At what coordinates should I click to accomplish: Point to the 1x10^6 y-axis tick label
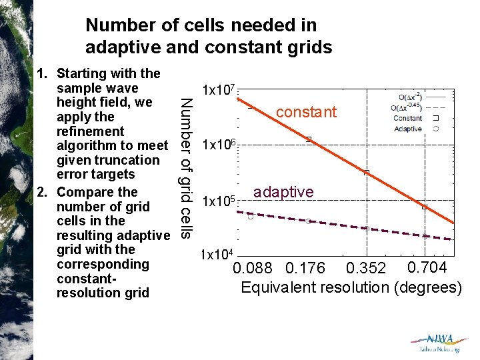[217, 145]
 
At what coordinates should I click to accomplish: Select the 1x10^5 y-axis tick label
[217, 201]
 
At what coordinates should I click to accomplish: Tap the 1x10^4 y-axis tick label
[217, 255]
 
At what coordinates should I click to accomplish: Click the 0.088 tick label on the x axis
[253, 269]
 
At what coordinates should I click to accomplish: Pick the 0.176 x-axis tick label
[305, 269]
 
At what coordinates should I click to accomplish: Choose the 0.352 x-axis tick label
[366, 269]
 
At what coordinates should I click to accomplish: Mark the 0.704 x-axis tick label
[427, 267]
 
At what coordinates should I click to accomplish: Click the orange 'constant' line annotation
[306, 112]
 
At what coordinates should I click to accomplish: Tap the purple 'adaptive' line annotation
[283, 192]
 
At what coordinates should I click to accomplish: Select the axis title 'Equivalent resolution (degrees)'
[351, 287]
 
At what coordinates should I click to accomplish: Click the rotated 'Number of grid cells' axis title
[187, 168]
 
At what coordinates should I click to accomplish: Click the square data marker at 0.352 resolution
[366, 173]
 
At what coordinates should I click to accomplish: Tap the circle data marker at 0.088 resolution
[250, 217]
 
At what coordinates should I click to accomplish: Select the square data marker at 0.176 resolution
[308, 139]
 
